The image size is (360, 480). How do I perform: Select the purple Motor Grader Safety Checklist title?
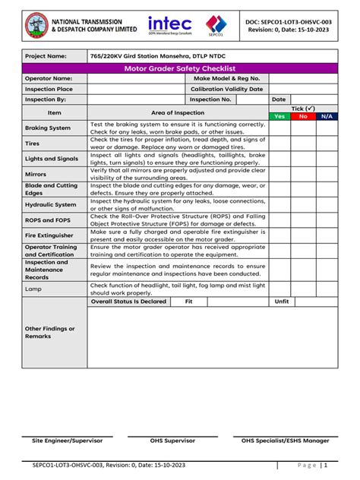tap(179, 68)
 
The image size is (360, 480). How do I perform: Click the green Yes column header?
tap(279, 116)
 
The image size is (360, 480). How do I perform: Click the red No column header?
tap(302, 116)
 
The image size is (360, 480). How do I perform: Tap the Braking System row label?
tap(48, 128)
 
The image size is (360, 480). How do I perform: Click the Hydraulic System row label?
tap(51, 204)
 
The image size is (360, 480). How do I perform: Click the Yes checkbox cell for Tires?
tap(279, 144)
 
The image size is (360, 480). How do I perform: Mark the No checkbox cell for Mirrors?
tap(302, 174)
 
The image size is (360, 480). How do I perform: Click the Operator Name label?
tap(49, 78)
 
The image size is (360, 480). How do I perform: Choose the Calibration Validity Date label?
tap(226, 89)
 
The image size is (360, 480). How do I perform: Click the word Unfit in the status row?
tap(282, 302)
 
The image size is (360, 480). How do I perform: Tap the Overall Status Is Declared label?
tap(128, 302)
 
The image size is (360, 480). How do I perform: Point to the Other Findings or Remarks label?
tap(50, 333)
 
